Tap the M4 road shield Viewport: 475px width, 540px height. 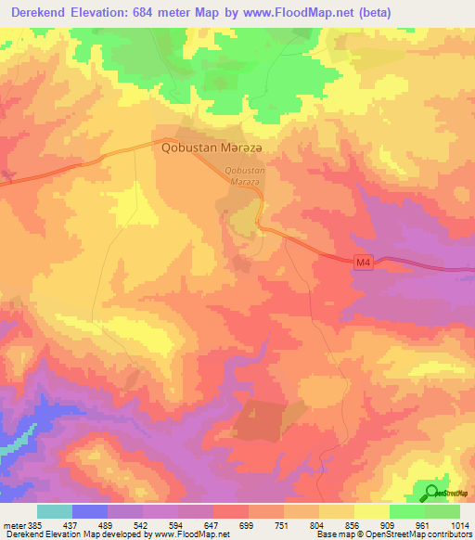(364, 264)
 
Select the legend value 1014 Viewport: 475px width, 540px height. (458, 524)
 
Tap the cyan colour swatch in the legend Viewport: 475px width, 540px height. (55, 511)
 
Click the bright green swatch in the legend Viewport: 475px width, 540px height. (407, 511)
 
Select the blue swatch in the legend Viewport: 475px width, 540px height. (90, 511)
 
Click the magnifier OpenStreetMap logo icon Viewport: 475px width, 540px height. (431, 492)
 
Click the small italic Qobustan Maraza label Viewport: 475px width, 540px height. (246, 175)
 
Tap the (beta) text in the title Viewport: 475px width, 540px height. (370, 12)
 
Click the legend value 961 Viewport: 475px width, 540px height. (424, 524)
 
